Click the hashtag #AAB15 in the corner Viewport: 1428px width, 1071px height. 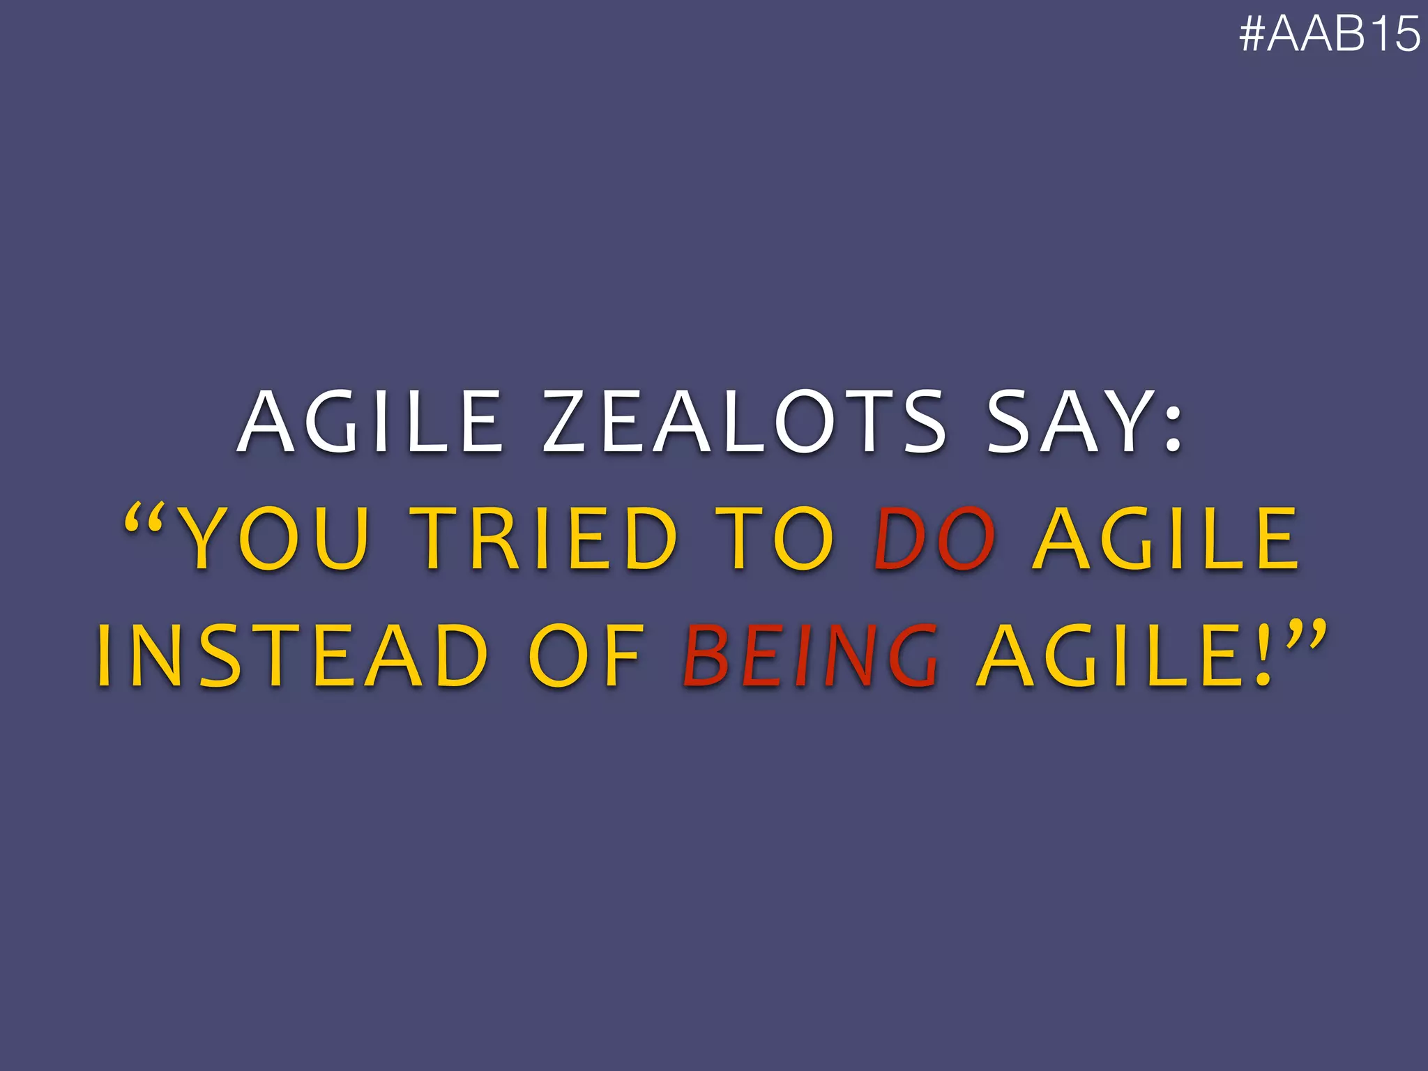tap(1329, 33)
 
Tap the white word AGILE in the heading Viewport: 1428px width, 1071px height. tap(370, 422)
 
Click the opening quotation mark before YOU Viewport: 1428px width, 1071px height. tap(144, 521)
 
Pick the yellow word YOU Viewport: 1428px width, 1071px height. tap(272, 538)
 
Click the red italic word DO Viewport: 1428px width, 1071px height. tap(935, 538)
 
